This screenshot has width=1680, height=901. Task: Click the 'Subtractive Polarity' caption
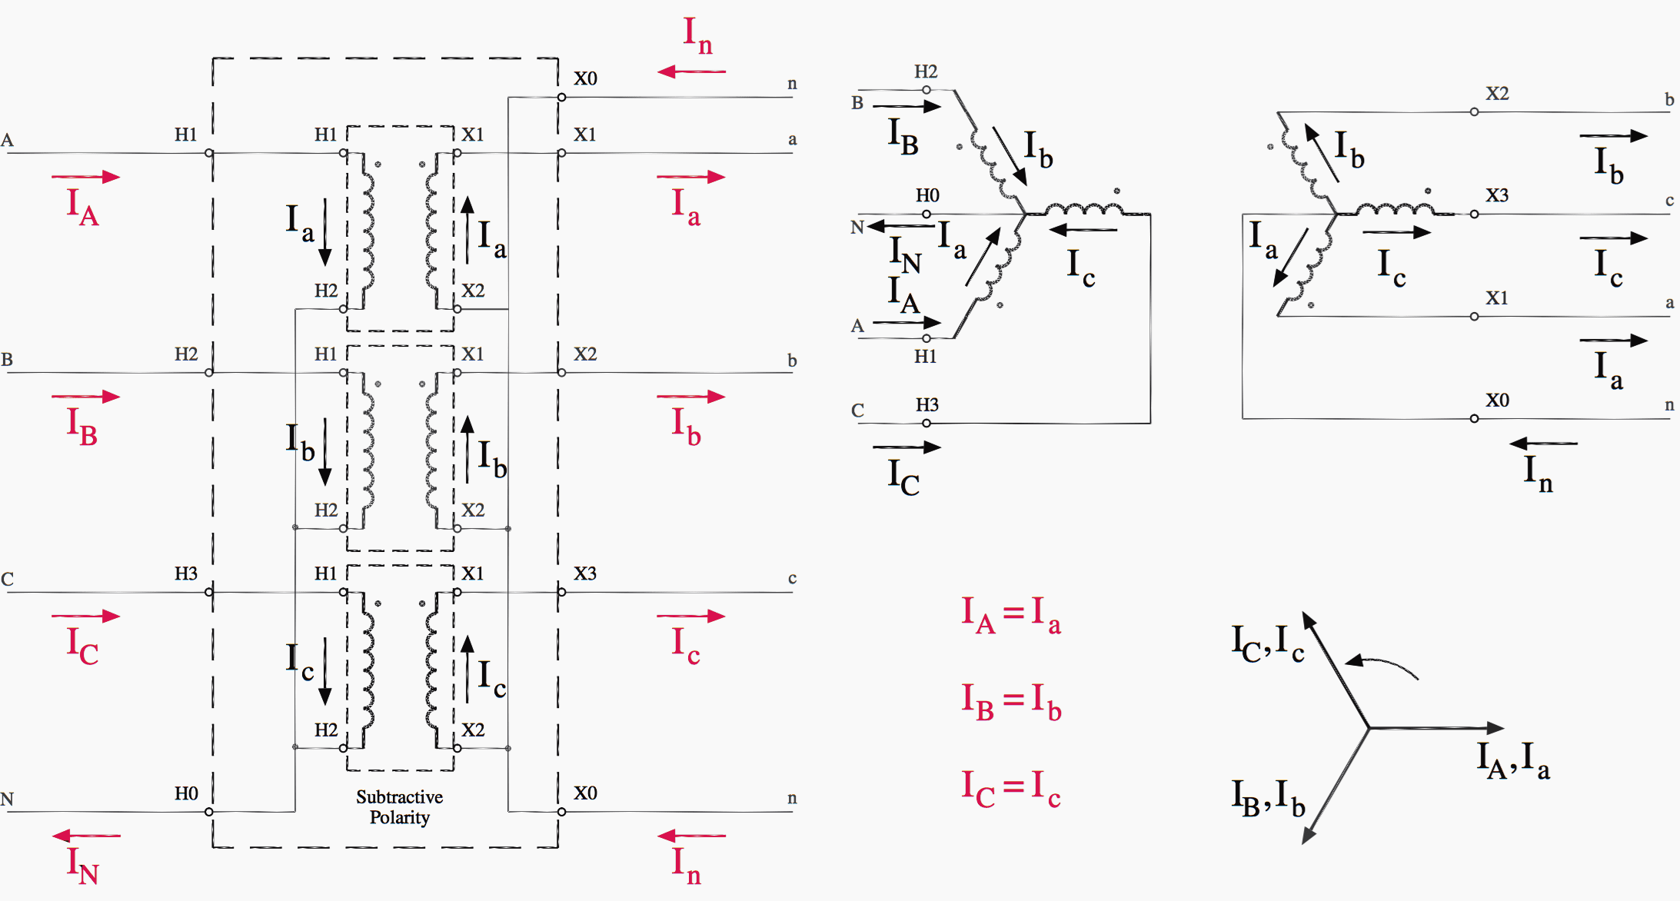click(399, 806)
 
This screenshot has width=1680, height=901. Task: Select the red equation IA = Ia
click(1010, 616)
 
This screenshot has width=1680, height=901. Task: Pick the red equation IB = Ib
click(1010, 702)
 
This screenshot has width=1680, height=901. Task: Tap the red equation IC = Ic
click(1010, 789)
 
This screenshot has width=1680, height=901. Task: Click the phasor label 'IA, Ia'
click(1512, 760)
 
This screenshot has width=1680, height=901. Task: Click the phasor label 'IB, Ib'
click(1268, 798)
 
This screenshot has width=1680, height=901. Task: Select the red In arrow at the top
click(691, 71)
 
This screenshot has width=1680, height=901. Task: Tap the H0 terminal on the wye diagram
click(926, 214)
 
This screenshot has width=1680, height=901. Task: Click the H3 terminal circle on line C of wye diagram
click(926, 423)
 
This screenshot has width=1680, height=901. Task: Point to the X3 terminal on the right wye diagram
click(1474, 214)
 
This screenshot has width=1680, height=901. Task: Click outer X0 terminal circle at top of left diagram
click(562, 98)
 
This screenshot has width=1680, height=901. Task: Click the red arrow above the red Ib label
click(691, 397)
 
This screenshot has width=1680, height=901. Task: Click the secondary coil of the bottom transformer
click(431, 670)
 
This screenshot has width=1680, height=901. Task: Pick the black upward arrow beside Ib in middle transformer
click(467, 450)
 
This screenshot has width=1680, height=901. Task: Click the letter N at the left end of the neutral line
click(7, 800)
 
